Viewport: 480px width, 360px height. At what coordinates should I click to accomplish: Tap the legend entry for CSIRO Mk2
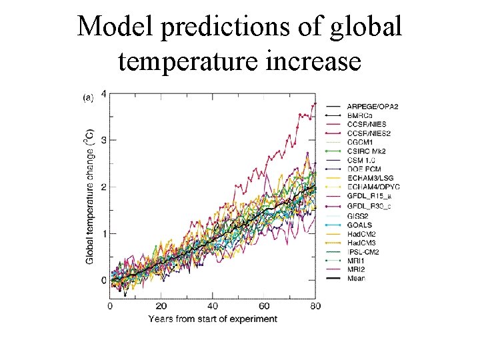coord(367,151)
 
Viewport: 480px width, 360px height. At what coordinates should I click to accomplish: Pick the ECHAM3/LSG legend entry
coord(370,179)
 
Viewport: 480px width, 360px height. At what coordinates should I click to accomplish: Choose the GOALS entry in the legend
coord(359,225)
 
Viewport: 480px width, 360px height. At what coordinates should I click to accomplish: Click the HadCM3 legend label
coord(361,243)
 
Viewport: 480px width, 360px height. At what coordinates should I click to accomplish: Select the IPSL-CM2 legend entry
coord(363,253)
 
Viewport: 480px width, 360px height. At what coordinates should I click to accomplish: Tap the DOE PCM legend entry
coord(363,169)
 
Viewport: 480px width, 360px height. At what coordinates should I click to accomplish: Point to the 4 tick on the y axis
coord(103,93)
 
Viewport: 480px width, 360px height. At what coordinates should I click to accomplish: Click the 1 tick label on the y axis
coord(103,233)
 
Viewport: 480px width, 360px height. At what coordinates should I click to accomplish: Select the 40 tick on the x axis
coord(213,306)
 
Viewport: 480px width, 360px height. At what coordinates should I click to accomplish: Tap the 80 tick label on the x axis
coord(315,306)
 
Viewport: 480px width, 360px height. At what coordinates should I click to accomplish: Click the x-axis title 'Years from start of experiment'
coord(213,319)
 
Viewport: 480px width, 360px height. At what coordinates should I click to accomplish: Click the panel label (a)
coord(88,98)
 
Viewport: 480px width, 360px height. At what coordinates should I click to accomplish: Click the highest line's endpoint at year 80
coord(315,105)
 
